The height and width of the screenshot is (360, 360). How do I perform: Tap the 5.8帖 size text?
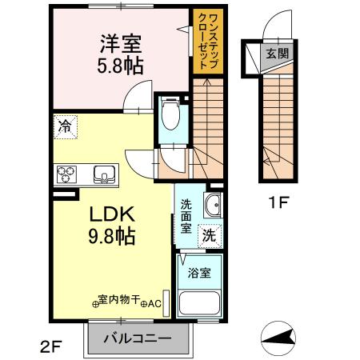click(x=122, y=66)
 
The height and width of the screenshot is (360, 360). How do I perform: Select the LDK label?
click(x=110, y=215)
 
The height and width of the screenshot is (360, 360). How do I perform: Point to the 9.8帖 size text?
click(x=110, y=236)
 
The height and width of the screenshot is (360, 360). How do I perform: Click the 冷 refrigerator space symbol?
click(x=63, y=126)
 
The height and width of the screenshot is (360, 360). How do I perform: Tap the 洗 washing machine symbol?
click(x=208, y=235)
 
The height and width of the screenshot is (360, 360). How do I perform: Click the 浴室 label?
click(x=199, y=273)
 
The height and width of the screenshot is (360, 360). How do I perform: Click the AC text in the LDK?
click(x=154, y=302)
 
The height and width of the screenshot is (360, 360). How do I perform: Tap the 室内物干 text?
click(x=118, y=301)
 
